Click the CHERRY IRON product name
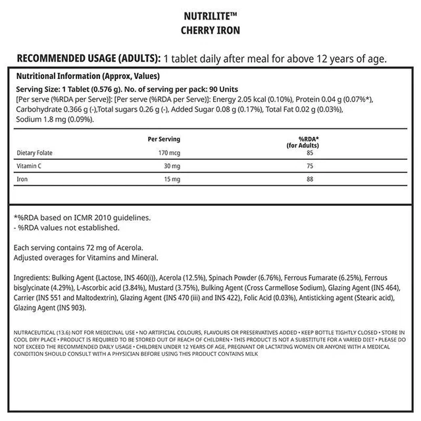point(210,30)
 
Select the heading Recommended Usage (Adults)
point(87,57)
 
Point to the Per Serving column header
point(164,139)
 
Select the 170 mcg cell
point(168,153)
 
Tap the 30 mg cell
point(172,166)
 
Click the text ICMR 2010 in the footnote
point(100,217)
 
